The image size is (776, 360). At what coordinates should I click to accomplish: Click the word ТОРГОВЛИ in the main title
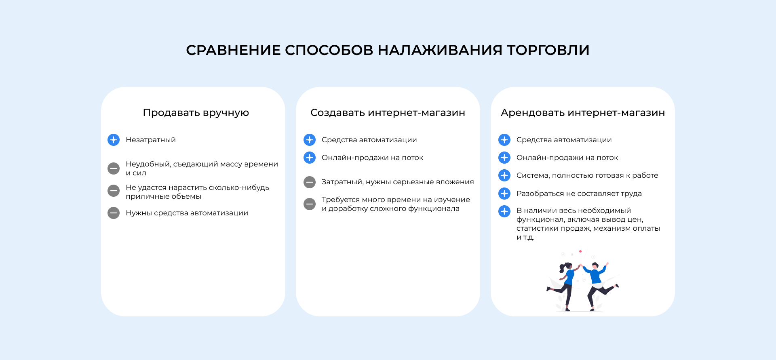548,50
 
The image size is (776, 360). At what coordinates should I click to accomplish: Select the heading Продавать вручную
196,113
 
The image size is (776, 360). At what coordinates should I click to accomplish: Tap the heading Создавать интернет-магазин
388,113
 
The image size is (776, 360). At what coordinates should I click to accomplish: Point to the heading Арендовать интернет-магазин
583,113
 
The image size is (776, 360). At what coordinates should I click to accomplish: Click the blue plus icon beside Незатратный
114,140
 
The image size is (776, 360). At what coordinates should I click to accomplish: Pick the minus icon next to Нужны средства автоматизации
114,213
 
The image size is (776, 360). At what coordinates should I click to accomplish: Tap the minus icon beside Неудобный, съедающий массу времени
114,168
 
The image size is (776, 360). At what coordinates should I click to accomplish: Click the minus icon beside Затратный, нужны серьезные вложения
310,182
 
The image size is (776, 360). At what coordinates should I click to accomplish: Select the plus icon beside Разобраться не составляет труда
504,194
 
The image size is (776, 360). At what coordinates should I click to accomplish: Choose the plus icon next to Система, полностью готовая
504,175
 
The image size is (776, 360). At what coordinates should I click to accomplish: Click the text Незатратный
151,140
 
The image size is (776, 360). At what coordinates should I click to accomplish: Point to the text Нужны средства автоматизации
187,213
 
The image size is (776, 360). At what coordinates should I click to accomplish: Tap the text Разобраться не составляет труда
579,194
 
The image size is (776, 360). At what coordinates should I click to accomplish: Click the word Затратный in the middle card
342,182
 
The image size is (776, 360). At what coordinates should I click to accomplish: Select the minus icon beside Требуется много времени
310,204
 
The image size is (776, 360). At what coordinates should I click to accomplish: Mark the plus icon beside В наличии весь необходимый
504,211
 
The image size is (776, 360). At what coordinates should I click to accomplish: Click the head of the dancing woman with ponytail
568,266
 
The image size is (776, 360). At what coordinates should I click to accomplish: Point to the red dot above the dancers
580,251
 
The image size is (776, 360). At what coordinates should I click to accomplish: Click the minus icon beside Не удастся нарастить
114,191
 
